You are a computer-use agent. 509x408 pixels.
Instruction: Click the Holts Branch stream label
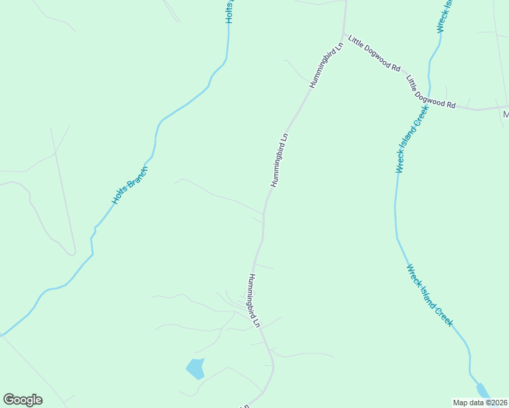click(x=129, y=186)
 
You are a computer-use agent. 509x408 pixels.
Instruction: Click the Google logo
click(x=22, y=400)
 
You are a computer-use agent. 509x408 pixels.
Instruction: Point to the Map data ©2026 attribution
click(x=480, y=403)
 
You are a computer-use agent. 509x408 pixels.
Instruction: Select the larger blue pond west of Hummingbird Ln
click(x=195, y=368)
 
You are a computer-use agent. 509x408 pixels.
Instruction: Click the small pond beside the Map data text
click(x=482, y=390)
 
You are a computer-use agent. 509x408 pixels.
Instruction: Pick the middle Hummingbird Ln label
click(x=280, y=160)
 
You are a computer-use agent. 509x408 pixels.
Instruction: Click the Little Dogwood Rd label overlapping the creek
click(x=431, y=92)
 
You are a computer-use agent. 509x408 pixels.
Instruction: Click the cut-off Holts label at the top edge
click(x=230, y=12)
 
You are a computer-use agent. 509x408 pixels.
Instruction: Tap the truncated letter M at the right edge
click(x=506, y=115)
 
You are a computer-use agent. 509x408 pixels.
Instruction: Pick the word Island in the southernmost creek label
click(x=427, y=292)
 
